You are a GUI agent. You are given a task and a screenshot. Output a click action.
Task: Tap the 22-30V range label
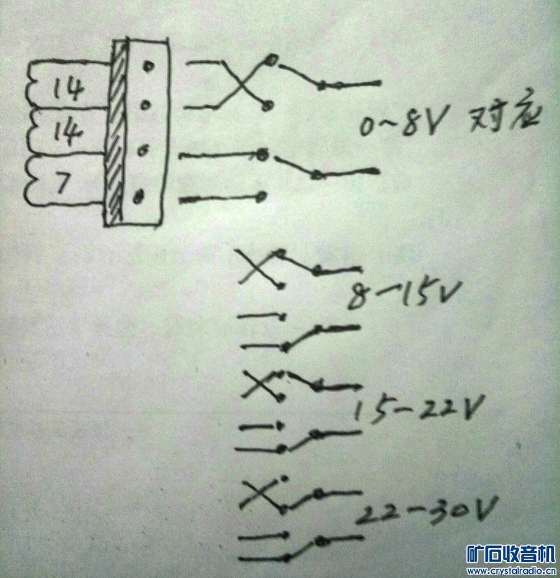(x=428, y=510)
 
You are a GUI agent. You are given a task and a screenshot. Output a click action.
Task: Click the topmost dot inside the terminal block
(x=148, y=67)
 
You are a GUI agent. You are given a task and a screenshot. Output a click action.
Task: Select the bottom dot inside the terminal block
(x=138, y=196)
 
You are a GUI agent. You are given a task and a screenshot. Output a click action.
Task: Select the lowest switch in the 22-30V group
(x=305, y=548)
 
